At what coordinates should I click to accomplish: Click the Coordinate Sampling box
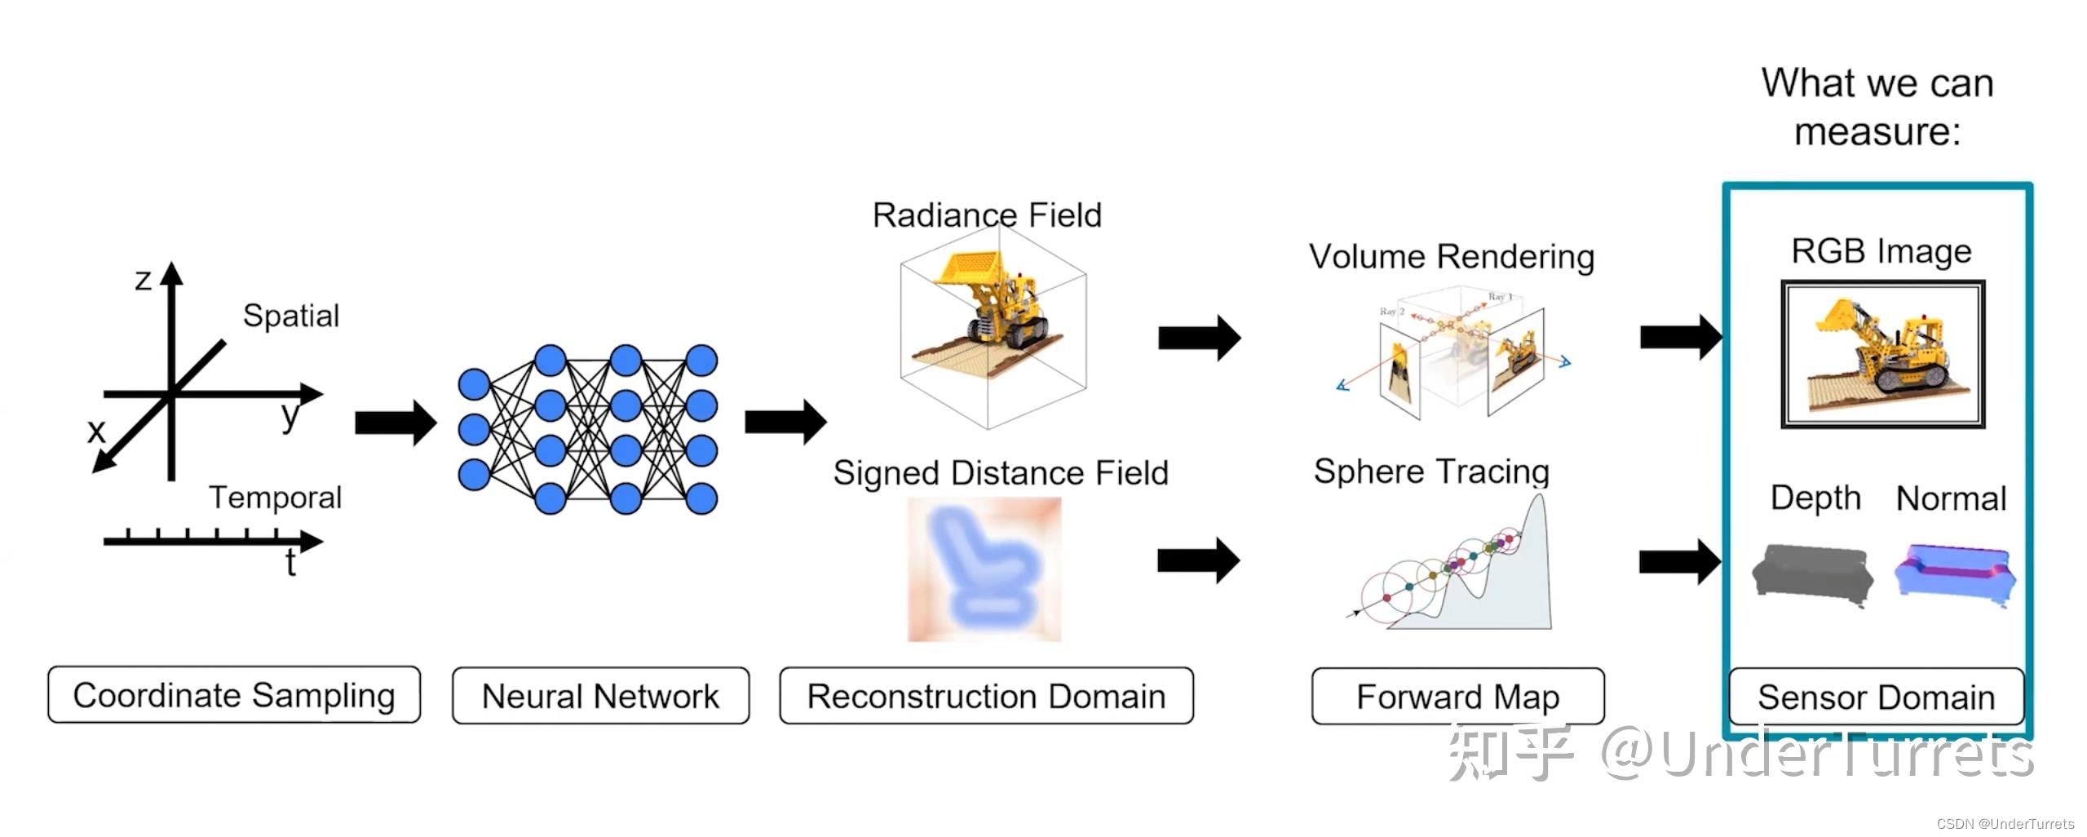[234, 695]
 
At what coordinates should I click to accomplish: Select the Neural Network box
[600, 696]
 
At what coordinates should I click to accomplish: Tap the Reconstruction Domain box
[986, 696]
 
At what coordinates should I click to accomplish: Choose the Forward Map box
[1457, 697]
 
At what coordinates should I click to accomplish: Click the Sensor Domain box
[1876, 697]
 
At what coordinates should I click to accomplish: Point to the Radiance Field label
[987, 215]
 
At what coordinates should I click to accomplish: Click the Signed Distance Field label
[1001, 473]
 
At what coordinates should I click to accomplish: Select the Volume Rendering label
[1452, 256]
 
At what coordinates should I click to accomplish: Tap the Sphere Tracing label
[1431, 472]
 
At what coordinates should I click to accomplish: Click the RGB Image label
[1881, 251]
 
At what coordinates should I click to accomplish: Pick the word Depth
[1815, 498]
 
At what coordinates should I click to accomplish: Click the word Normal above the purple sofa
[1951, 498]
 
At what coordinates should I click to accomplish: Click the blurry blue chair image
[984, 569]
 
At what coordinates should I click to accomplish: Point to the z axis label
[144, 280]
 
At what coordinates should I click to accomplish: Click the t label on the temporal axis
[290, 564]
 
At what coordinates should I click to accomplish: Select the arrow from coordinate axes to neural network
[396, 423]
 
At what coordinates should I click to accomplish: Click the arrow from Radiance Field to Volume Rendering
[1199, 337]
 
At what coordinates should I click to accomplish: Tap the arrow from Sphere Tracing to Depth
[1680, 561]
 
